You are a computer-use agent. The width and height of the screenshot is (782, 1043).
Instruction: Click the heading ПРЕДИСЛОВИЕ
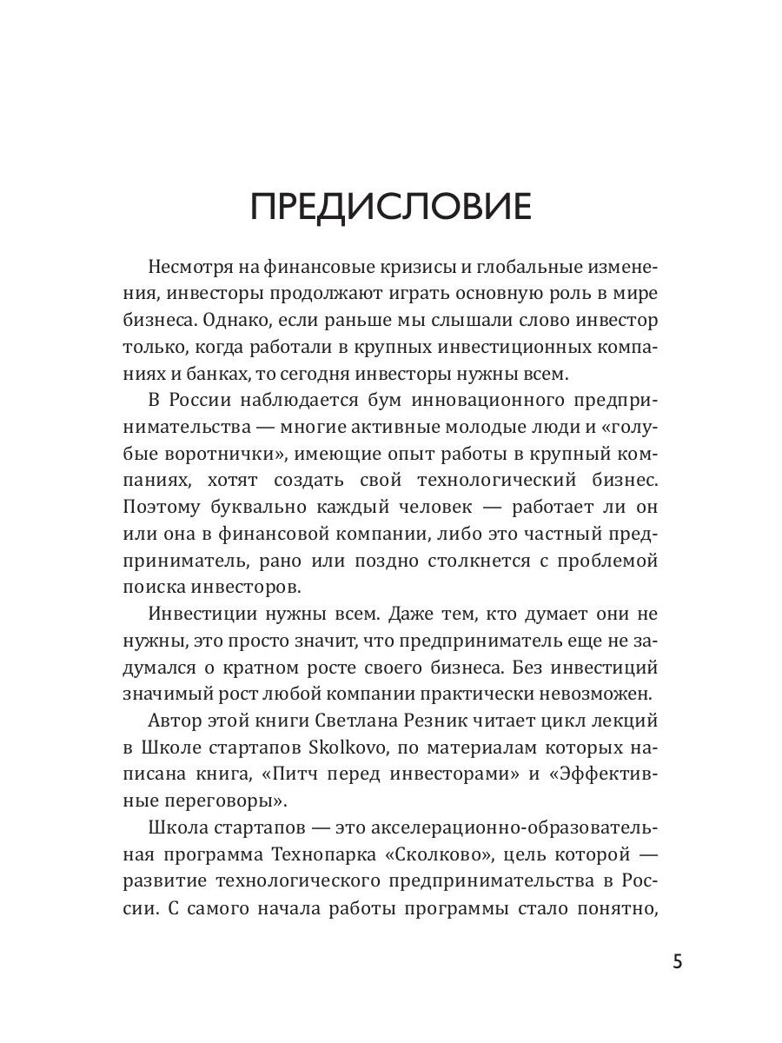390,208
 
